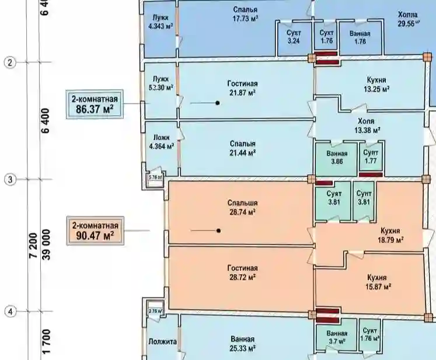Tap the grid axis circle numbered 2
coord(10,62)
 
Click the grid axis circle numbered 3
coord(10,180)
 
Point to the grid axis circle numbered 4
coord(10,312)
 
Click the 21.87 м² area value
coord(242,93)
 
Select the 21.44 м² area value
coord(242,153)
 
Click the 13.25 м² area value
coord(376,89)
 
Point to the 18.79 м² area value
coord(390,239)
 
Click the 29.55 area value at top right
coord(409,23)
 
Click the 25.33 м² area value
coord(242,348)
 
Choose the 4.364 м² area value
coord(161,146)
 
